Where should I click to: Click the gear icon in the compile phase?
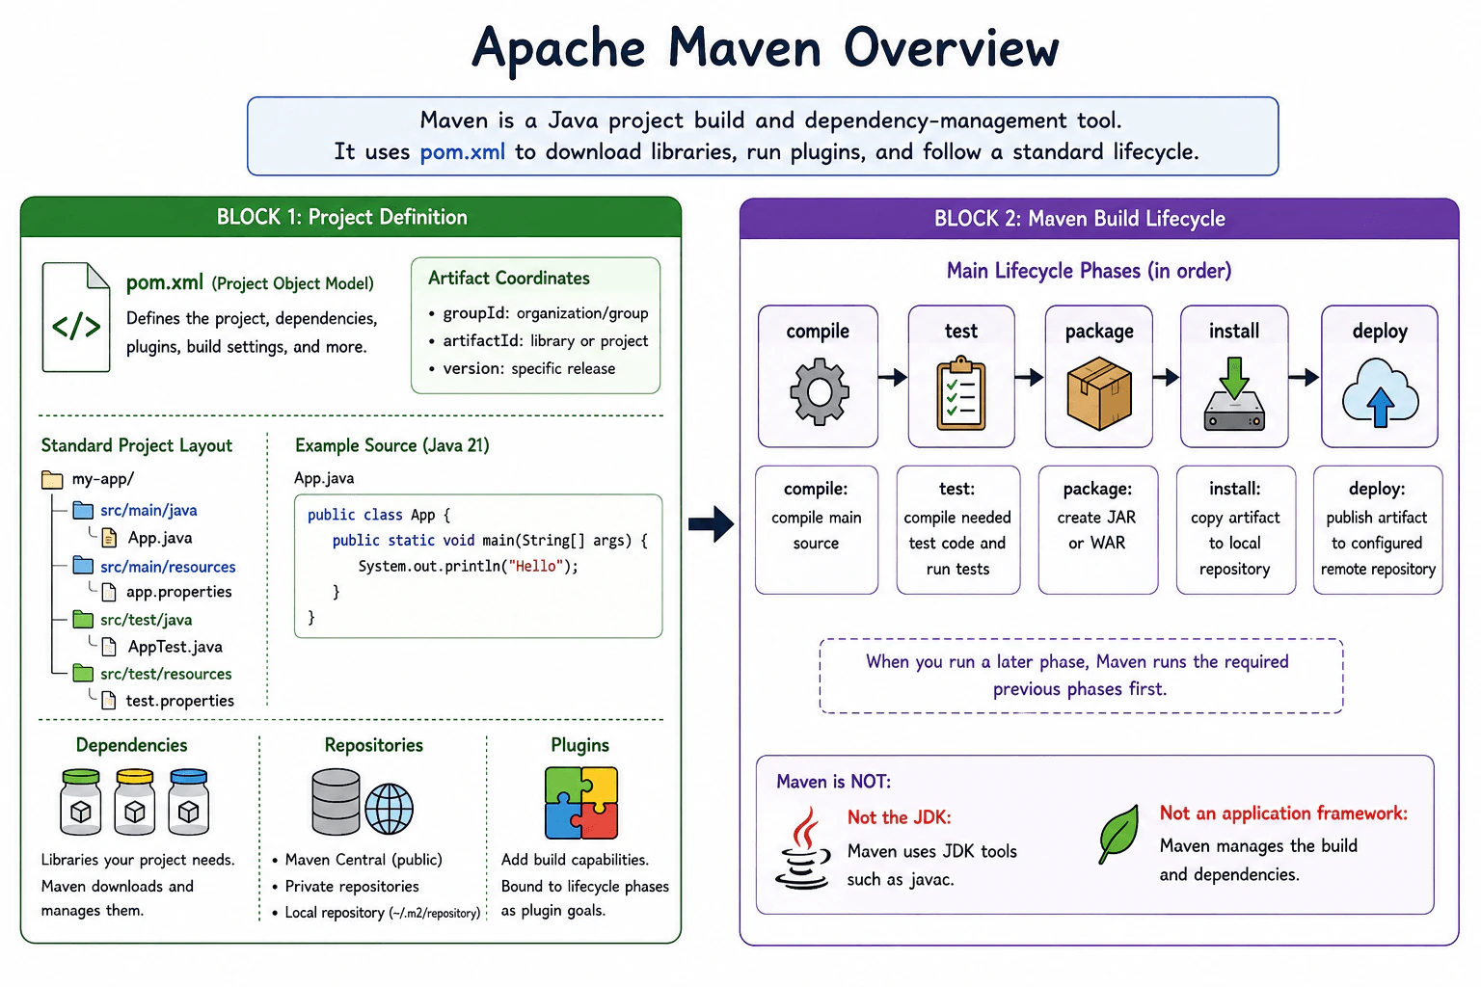coord(820,392)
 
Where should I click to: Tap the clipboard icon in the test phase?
coord(961,393)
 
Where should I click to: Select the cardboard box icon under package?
coord(1099,393)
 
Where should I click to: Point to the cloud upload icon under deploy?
coord(1381,392)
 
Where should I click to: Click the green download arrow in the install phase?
coord(1234,378)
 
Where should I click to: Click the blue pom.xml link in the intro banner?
coord(462,152)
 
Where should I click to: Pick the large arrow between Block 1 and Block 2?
coord(711,524)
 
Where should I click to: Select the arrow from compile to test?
coord(893,378)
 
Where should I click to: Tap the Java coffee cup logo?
coord(802,848)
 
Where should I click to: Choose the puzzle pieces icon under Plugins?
coord(581,803)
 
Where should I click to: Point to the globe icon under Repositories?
coord(390,809)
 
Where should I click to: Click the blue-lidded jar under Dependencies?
coord(188,801)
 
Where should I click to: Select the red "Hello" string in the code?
coord(535,567)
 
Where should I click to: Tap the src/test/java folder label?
coord(147,620)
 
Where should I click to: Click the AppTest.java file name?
coord(175,647)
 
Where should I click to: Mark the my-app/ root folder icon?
coord(52,479)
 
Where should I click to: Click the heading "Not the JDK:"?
coord(900,817)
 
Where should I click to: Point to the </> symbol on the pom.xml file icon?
coord(76,326)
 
